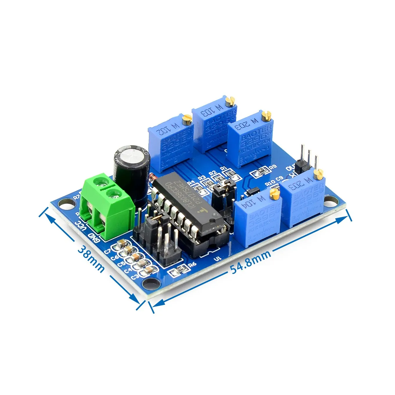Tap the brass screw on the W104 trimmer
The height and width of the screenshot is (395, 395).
tap(274, 194)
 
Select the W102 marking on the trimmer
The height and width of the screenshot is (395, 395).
tap(168, 130)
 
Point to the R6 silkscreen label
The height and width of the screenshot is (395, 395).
tap(192, 264)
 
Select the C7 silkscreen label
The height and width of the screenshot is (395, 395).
tap(108, 251)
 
